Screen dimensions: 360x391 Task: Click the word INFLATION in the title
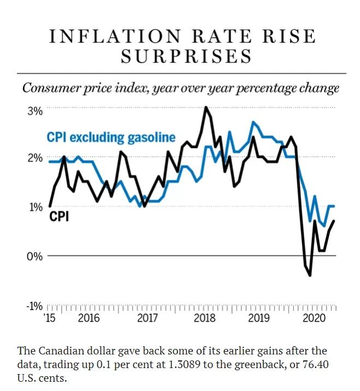click(115, 37)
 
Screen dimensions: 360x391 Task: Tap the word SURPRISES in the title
click(187, 56)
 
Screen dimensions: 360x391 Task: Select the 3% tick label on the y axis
click(35, 111)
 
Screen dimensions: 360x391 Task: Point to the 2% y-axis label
click(35, 158)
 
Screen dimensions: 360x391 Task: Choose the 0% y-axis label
click(34, 256)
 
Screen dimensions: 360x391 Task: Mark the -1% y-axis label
click(34, 306)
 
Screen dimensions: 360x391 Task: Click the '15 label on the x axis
click(49, 318)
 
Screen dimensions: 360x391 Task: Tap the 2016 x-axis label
click(89, 318)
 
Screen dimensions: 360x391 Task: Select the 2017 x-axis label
click(147, 318)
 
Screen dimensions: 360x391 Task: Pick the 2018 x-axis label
click(204, 318)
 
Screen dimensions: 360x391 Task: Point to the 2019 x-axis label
click(259, 318)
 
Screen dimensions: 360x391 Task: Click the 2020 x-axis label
click(314, 318)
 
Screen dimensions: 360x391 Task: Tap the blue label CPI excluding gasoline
click(111, 138)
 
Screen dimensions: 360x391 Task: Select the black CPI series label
click(59, 216)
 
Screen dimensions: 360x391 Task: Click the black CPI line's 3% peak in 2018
click(206, 107)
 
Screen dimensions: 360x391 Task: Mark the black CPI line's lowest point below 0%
click(310, 276)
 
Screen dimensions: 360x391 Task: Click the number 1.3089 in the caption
click(185, 365)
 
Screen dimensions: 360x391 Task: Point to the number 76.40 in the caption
click(316, 365)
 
